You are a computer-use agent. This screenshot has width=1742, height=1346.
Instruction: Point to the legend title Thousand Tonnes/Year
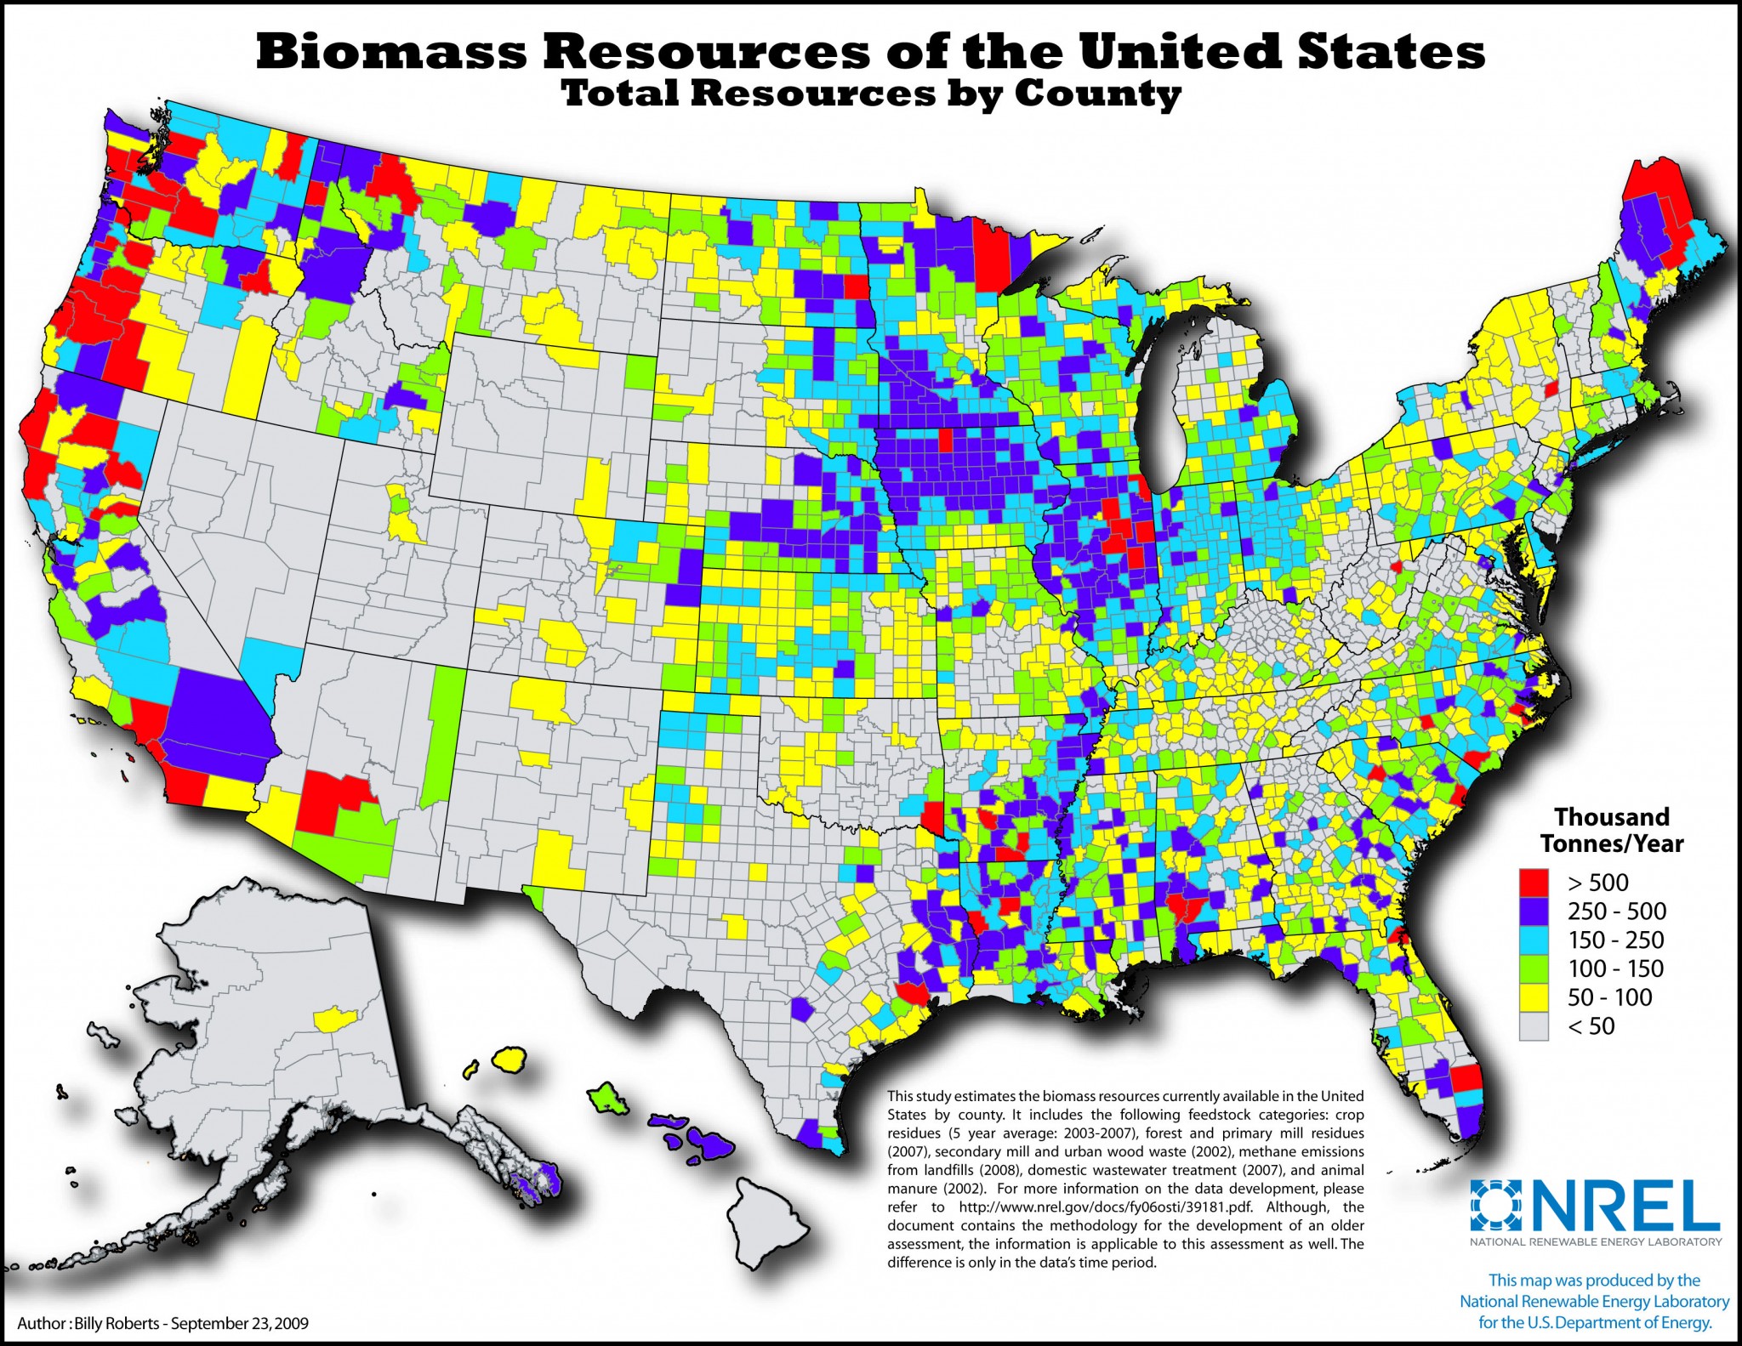pyautogui.click(x=1611, y=830)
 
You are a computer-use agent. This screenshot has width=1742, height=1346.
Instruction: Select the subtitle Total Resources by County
pyautogui.click(x=871, y=94)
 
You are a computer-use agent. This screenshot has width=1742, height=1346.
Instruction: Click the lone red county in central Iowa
pyautogui.click(x=945, y=440)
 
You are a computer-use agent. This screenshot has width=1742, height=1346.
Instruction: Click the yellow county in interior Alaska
pyautogui.click(x=339, y=1018)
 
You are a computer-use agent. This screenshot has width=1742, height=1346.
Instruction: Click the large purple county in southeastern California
pyautogui.click(x=219, y=701)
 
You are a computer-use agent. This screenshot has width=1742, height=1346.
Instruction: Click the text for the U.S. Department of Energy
pyautogui.click(x=1594, y=1323)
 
